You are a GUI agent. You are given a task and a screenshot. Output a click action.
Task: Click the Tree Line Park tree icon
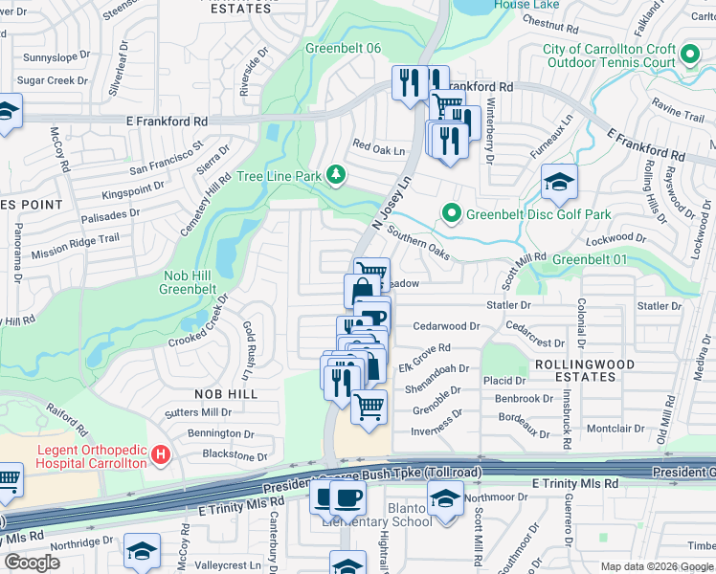[335, 175]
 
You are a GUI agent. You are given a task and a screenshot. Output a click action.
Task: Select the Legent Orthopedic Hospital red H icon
[162, 453]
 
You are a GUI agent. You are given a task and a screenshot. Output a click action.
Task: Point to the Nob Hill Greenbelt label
[188, 282]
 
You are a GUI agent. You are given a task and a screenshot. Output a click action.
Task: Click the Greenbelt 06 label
[343, 49]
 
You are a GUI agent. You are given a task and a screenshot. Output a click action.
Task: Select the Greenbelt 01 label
[590, 259]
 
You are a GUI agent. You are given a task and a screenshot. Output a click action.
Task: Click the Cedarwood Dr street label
[445, 326]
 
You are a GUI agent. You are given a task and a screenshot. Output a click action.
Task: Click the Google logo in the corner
[32, 563]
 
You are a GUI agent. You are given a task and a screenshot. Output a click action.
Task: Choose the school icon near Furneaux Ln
[558, 181]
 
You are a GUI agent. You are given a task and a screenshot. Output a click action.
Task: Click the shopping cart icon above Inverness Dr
[369, 407]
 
